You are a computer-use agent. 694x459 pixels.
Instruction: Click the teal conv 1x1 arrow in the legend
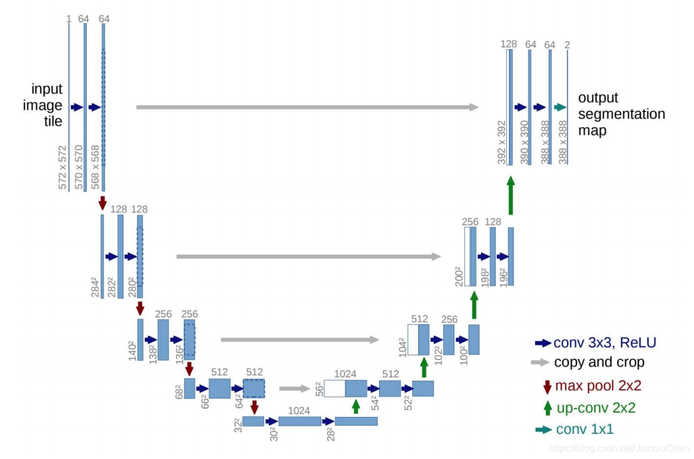click(x=543, y=429)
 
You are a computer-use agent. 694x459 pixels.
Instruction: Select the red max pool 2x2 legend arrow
click(x=547, y=387)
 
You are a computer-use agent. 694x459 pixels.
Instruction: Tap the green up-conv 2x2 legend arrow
click(x=547, y=408)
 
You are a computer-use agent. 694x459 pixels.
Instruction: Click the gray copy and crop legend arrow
click(x=541, y=362)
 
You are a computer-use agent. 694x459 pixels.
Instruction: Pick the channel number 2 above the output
click(x=568, y=44)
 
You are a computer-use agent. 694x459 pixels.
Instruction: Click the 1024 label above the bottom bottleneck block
click(x=299, y=410)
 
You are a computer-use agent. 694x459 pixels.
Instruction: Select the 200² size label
click(x=459, y=276)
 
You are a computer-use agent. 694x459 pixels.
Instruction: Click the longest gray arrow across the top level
click(x=307, y=107)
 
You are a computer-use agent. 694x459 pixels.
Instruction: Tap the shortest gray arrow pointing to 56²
click(x=294, y=389)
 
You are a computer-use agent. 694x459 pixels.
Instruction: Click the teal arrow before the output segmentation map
click(x=560, y=107)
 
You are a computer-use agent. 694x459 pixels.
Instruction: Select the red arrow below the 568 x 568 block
click(x=103, y=202)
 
